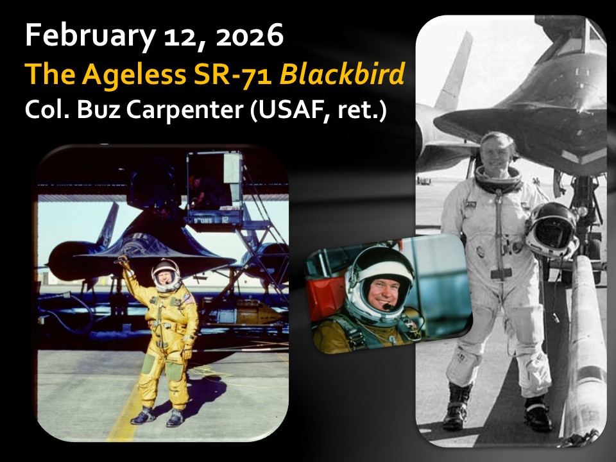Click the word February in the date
pos(90,36)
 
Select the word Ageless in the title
pos(134,73)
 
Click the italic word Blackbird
pos(342,73)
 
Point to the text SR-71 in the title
pos(232,74)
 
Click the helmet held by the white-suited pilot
pos(550,229)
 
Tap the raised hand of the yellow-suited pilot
pos(124,263)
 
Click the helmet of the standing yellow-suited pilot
pos(166,275)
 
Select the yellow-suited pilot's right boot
pos(142,416)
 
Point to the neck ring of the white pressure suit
pos(498,179)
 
